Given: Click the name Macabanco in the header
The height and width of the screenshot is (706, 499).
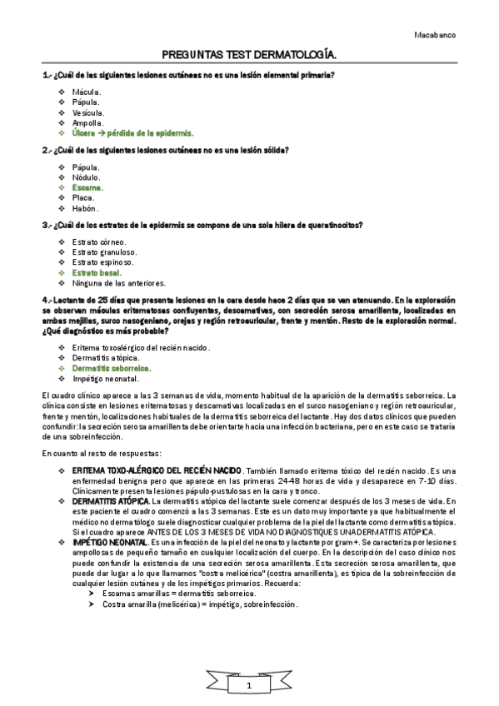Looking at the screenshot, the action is click(434, 36).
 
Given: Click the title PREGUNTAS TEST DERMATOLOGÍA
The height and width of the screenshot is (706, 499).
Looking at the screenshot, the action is click(249, 54).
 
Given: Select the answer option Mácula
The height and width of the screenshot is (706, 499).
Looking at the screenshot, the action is click(87, 92).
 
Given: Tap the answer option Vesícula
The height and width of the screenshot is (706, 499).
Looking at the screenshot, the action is click(88, 112).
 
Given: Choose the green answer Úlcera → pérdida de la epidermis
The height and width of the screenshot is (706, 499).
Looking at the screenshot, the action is click(132, 132).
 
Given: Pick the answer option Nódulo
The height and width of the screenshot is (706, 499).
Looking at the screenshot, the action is click(87, 177).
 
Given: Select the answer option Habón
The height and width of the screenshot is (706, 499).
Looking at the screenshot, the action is click(85, 208).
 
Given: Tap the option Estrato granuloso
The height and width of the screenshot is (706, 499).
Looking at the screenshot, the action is click(105, 252).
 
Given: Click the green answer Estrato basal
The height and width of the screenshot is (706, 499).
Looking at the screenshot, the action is click(97, 272).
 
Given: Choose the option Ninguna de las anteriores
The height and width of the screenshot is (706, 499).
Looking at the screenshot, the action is click(119, 283).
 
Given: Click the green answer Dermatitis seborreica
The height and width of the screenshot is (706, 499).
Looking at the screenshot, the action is click(112, 367).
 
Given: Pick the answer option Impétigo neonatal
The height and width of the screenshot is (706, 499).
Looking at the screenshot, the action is click(106, 378).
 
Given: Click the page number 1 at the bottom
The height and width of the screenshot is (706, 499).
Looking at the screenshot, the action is click(248, 684).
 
